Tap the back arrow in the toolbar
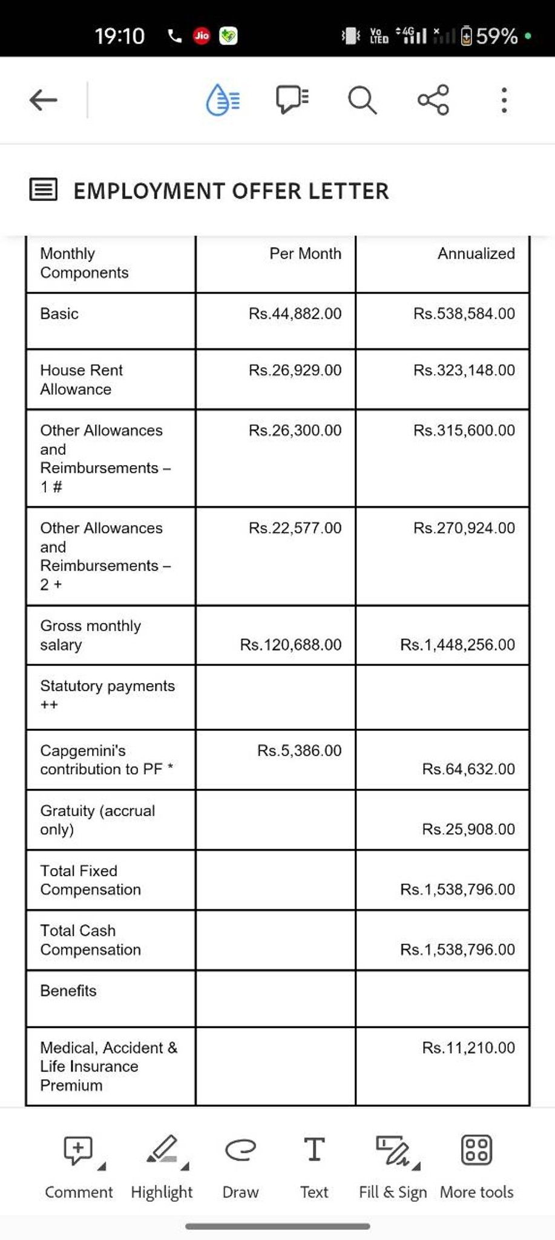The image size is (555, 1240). point(44,100)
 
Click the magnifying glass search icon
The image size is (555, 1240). point(362,100)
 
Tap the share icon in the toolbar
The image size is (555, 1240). point(433,100)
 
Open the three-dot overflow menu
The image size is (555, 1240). point(504,100)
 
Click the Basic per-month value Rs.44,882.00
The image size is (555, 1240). point(295,314)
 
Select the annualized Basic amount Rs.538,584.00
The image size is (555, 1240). point(464,314)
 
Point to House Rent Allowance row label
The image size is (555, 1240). point(81,380)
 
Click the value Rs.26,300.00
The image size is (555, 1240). point(295,430)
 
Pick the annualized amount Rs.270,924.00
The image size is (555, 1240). point(464,528)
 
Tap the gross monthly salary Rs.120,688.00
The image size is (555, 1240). point(291,645)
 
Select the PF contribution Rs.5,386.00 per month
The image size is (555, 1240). point(299,751)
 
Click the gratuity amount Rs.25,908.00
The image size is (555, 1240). point(468,829)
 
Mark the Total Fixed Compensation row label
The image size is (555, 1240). point(90,880)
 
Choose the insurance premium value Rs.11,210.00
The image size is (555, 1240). point(468,1048)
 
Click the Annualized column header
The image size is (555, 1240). point(476,254)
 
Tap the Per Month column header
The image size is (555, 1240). point(305,254)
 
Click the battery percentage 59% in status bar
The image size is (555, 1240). point(496,36)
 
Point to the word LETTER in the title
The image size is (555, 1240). point(348,191)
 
